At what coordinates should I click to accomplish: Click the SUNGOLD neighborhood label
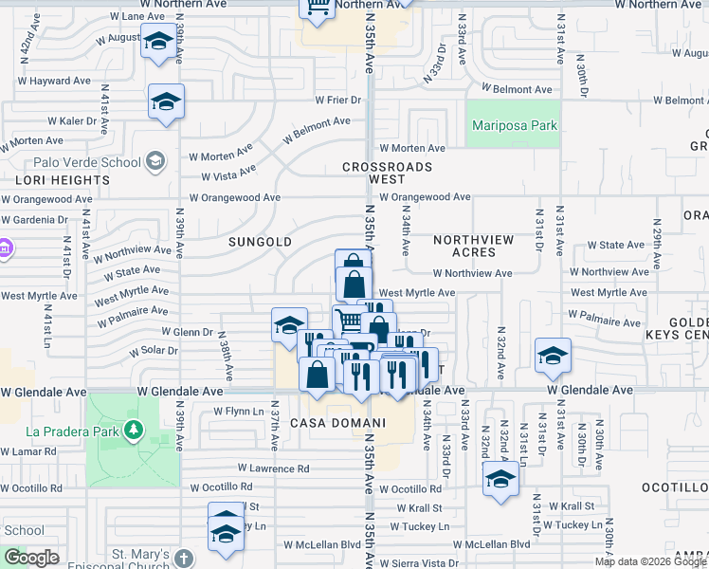pos(260,242)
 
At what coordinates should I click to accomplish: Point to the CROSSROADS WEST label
pos(387,173)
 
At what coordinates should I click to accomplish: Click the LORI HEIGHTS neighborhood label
pos(62,179)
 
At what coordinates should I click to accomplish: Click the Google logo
pos(32,558)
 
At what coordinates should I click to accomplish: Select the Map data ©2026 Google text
pos(650,561)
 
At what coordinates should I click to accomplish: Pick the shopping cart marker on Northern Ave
pos(318,7)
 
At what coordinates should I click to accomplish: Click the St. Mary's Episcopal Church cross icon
pos(185,559)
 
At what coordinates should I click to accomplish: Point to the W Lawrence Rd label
pos(273,468)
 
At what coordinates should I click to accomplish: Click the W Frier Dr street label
pos(338,100)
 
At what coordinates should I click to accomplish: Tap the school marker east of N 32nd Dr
pos(553,357)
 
